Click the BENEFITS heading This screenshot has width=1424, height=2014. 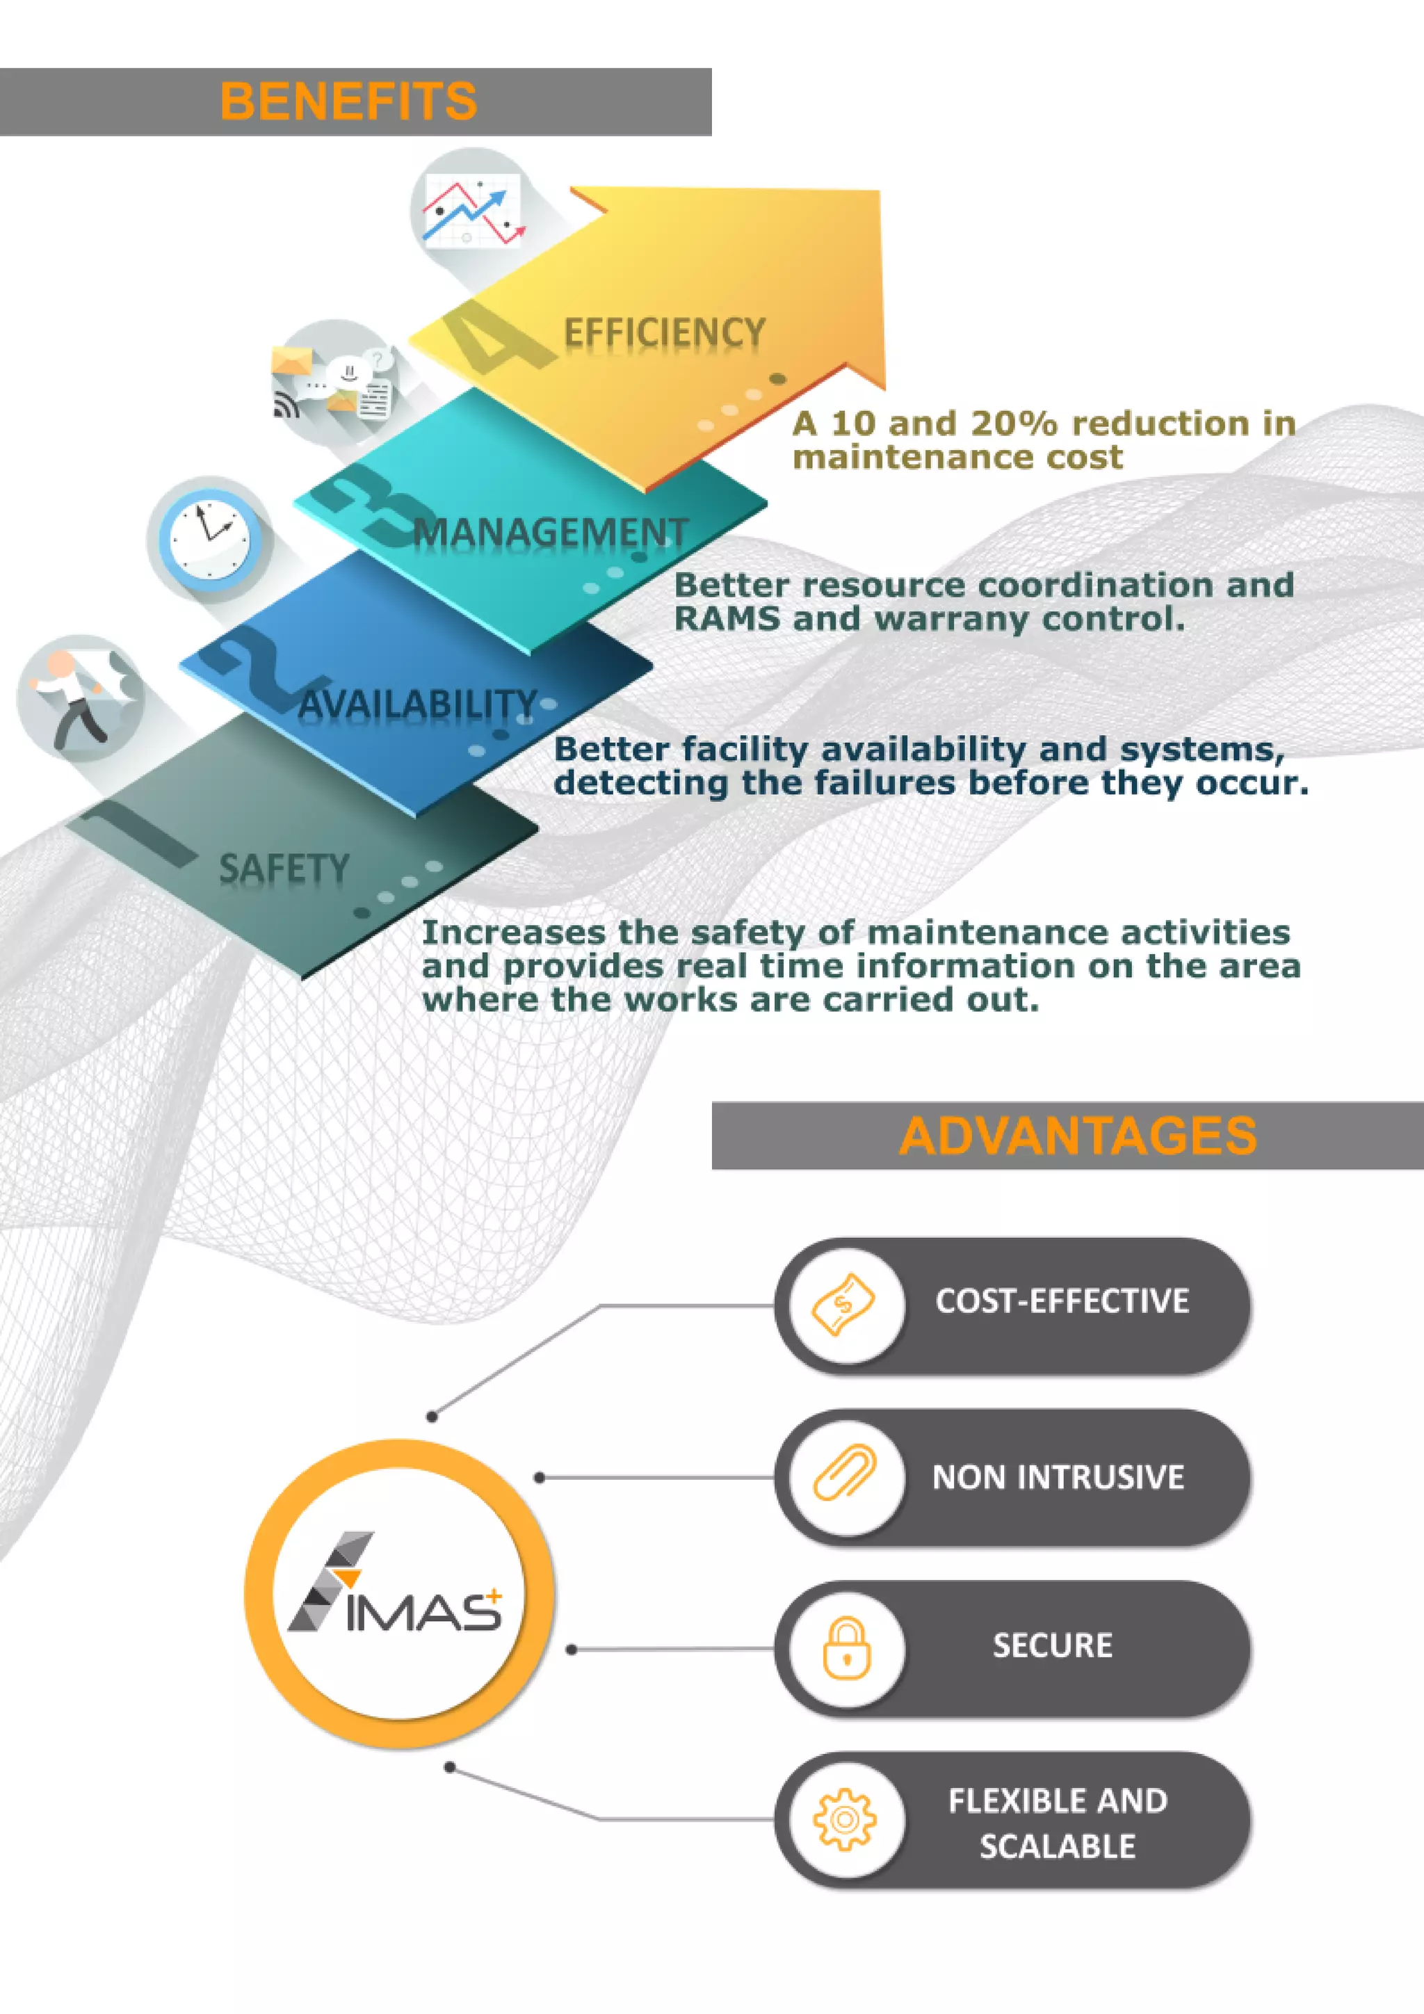(348, 101)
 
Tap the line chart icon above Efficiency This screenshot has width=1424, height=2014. (471, 211)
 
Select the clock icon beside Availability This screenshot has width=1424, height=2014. (209, 538)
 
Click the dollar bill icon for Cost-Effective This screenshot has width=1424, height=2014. (844, 1305)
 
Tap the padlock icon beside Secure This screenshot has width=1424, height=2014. (846, 1648)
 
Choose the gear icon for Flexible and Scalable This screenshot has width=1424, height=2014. (844, 1819)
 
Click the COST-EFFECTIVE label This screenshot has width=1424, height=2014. (1062, 1301)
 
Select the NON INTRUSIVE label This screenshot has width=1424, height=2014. (1058, 1477)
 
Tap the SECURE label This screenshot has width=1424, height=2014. (1052, 1645)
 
